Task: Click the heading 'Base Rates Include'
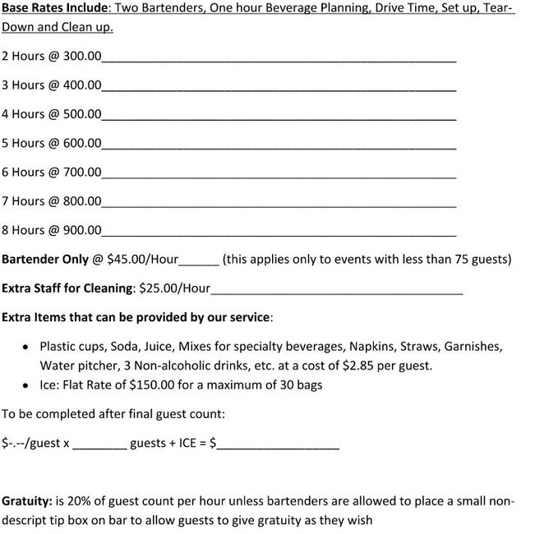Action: click(53, 8)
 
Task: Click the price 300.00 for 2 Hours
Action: click(82, 57)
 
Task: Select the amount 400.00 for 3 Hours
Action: click(82, 85)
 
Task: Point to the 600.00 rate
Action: click(82, 143)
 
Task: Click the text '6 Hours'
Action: click(23, 172)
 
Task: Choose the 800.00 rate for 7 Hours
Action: click(82, 200)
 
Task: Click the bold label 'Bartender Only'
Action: click(45, 259)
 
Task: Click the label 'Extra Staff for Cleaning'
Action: click(67, 288)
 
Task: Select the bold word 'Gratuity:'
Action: click(28, 500)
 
